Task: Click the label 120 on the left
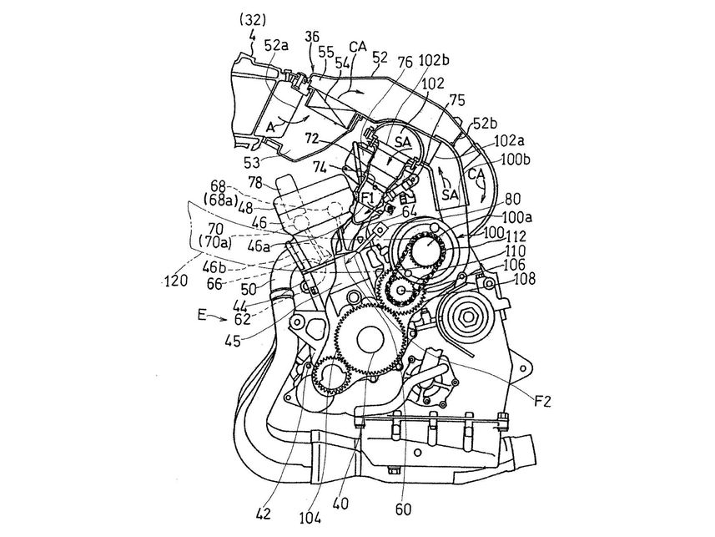click(176, 281)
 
